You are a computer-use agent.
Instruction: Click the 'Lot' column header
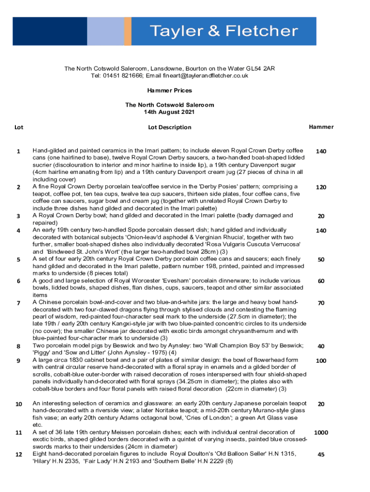(19, 127)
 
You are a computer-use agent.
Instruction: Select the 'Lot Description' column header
(170, 127)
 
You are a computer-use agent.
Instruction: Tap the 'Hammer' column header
(321, 127)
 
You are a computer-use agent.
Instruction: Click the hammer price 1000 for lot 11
(321, 432)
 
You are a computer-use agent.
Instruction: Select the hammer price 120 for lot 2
(321, 187)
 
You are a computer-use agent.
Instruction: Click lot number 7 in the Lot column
(18, 303)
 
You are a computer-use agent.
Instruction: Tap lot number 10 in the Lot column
(19, 404)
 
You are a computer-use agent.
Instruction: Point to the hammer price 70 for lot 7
(321, 303)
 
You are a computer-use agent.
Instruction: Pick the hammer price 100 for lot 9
(321, 361)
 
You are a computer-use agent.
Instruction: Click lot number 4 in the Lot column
(18, 231)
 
